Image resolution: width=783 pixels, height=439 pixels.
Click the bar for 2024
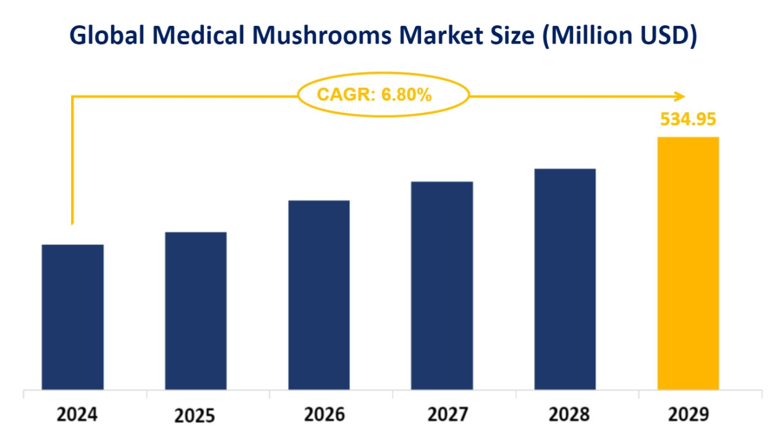[x=72, y=317]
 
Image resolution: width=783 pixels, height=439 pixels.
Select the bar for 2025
[x=196, y=311]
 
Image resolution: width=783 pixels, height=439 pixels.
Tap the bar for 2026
[x=318, y=295]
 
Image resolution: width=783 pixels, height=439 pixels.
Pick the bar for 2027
[x=442, y=286]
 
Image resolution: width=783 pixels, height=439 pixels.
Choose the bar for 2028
[x=565, y=279]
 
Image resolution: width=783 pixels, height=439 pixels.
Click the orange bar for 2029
[x=688, y=263]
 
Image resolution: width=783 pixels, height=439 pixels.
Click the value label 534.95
[x=688, y=119]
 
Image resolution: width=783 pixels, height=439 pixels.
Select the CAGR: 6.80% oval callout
[x=383, y=95]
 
